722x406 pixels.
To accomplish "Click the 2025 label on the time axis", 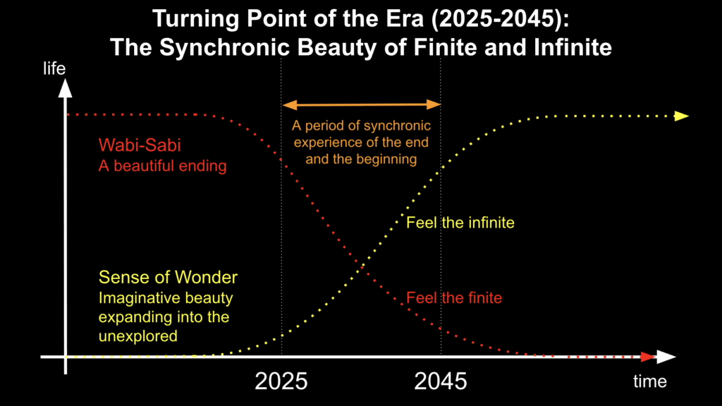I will [281, 381].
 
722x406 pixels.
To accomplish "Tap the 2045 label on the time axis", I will [441, 381].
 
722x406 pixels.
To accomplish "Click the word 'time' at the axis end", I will [649, 381].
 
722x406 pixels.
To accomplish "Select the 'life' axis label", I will [54, 68].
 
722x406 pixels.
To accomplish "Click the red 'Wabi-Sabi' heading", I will [139, 147].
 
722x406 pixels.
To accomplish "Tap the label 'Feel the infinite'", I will [460, 223].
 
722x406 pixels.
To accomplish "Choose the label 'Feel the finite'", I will [454, 297].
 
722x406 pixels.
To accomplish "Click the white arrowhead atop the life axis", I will [66, 87].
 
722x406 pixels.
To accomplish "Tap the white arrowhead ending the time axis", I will [667, 357].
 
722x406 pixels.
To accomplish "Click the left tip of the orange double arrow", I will [285, 105].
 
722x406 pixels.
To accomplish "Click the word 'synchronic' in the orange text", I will [396, 127].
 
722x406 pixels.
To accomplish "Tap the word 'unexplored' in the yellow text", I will [138, 336].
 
